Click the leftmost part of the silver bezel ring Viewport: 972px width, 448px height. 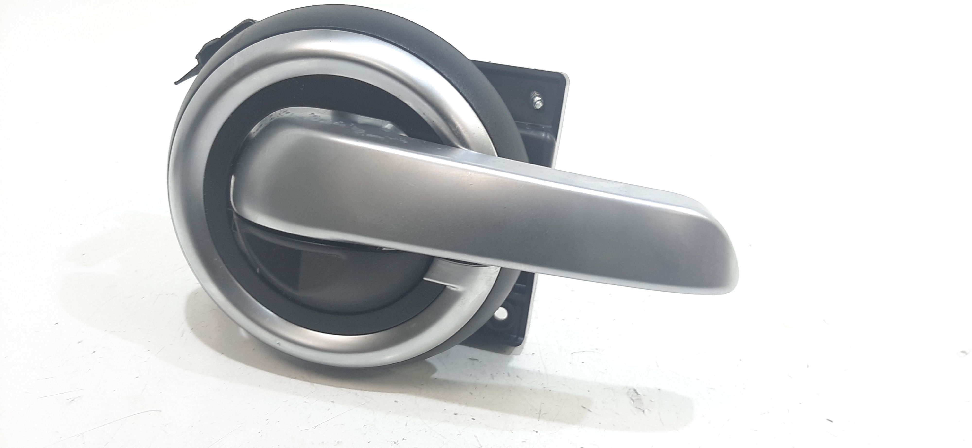[173, 196]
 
